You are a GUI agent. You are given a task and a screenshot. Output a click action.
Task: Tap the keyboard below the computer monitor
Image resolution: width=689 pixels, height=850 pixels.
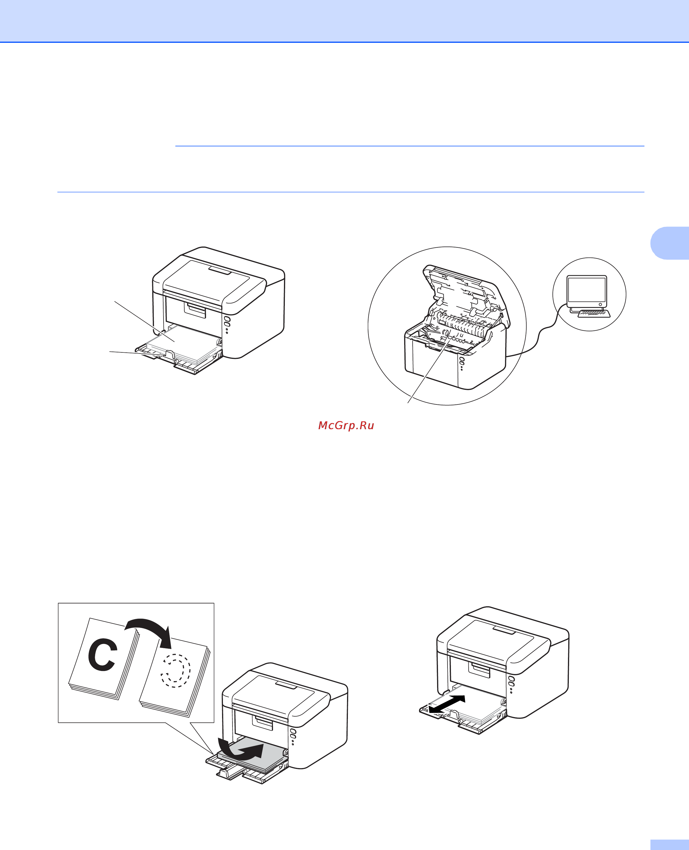point(594,314)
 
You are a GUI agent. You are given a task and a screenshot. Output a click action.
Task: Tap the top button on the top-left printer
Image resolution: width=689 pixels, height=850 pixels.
point(227,319)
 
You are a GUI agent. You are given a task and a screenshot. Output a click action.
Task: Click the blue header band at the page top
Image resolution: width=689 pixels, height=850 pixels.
point(344,21)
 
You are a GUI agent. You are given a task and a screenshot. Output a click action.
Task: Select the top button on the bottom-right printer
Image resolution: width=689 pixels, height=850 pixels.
point(512,679)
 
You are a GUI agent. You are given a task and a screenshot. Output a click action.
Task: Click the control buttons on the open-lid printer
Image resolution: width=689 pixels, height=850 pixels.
point(462,363)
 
